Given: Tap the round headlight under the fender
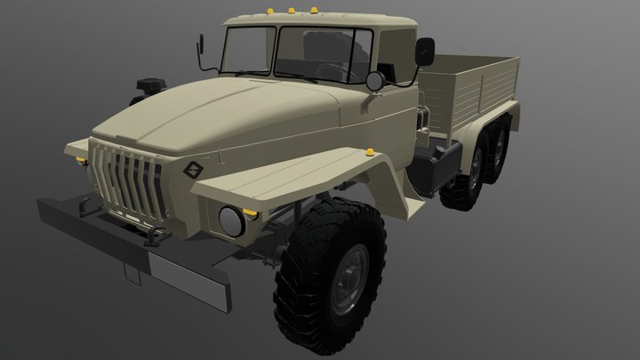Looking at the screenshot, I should [x=231, y=220].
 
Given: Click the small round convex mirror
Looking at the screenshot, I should [x=374, y=81].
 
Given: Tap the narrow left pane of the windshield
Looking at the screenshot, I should [x=247, y=49].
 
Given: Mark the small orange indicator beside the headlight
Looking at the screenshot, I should [x=251, y=214].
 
